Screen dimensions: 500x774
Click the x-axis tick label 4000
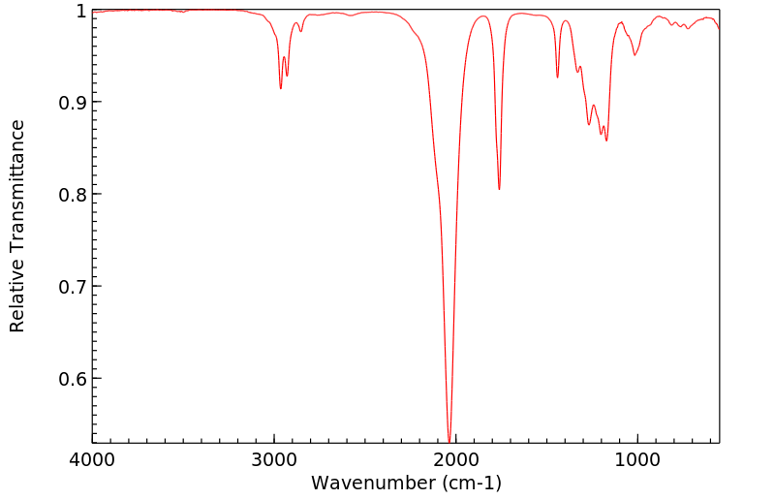click(92, 459)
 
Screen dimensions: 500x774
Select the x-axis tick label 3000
click(274, 459)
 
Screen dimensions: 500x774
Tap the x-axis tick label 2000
click(455, 459)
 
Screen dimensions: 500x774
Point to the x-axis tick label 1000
click(637, 459)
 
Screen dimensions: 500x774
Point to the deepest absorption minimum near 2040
click(449, 439)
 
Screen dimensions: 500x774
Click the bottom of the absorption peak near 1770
click(499, 189)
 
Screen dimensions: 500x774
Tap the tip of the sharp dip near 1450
click(557, 78)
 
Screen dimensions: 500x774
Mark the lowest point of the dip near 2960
click(281, 89)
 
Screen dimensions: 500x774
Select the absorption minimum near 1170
click(607, 141)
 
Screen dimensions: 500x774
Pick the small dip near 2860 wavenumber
click(300, 31)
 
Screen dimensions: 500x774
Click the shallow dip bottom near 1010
click(635, 54)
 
